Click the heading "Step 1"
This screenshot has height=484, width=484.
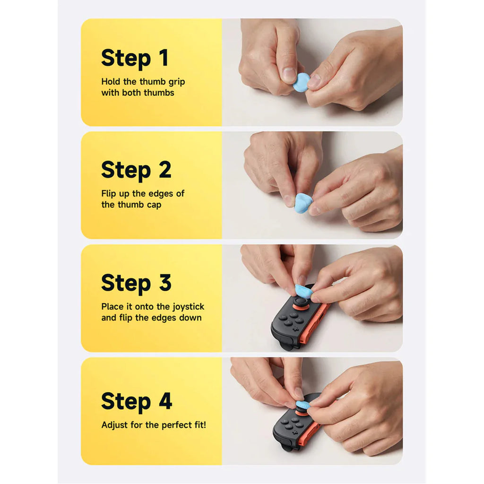click(135, 58)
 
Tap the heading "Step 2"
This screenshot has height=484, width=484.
click(136, 170)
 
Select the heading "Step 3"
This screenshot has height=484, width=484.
click(136, 283)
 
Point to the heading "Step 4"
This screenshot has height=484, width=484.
click(137, 401)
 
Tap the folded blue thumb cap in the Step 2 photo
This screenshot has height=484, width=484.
click(304, 203)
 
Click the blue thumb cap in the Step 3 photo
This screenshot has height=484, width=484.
click(303, 291)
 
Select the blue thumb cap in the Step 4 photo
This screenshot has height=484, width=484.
click(304, 405)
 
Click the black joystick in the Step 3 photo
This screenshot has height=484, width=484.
click(299, 302)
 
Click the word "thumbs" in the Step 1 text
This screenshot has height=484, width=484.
click(159, 93)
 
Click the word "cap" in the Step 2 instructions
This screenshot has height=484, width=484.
click(154, 205)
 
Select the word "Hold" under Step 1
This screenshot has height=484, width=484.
click(111, 82)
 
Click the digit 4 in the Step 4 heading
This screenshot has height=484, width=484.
click(165, 401)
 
